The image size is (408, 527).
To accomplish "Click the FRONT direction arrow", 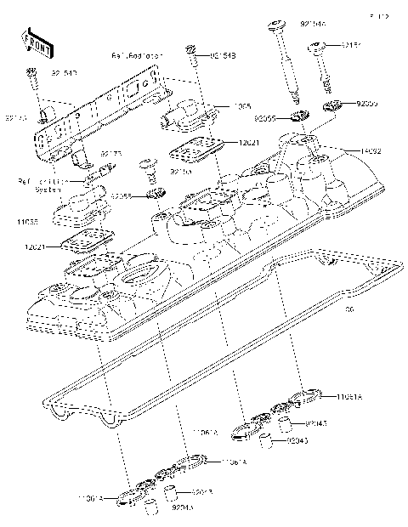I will [x=34, y=40].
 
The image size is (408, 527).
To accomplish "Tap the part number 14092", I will [x=368, y=151].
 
